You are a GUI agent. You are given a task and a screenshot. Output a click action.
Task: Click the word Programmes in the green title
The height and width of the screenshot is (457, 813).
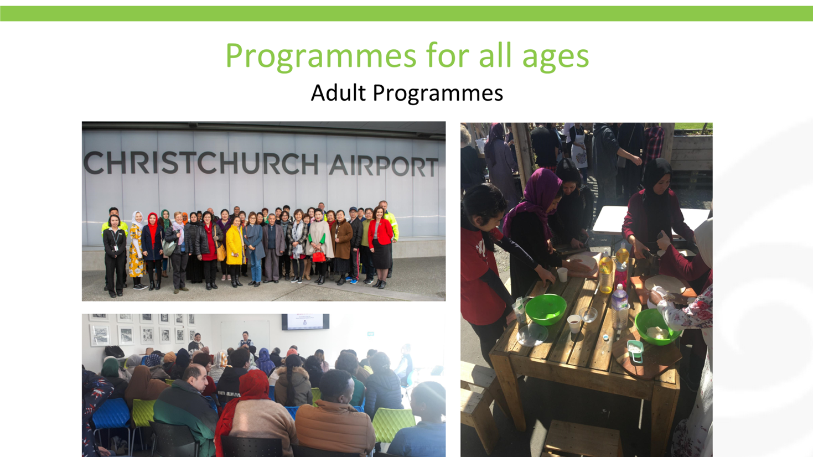tap(321, 56)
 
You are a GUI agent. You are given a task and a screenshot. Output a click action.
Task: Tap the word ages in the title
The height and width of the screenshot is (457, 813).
tap(555, 58)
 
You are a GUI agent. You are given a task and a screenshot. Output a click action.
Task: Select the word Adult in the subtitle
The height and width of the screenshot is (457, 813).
tap(338, 93)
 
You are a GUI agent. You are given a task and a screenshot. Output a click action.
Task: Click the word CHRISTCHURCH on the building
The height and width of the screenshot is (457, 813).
tap(201, 163)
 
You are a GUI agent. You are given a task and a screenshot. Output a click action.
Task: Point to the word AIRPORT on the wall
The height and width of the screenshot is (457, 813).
tap(384, 166)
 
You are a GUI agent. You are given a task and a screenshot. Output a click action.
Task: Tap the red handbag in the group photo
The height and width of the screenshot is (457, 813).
tap(319, 256)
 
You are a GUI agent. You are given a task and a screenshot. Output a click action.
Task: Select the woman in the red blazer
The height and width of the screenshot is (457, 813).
tap(380, 247)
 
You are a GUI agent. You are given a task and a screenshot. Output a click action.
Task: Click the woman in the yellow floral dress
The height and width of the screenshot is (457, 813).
tap(137, 250)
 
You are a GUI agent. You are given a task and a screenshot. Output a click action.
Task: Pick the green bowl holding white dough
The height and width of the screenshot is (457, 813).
tap(657, 326)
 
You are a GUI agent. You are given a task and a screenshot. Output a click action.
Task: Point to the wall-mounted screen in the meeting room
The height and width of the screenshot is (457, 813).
tap(305, 321)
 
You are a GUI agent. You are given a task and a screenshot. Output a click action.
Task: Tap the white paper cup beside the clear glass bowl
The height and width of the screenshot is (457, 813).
tap(574, 324)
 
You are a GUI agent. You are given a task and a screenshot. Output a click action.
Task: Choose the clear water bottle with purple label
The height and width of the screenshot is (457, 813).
tap(619, 307)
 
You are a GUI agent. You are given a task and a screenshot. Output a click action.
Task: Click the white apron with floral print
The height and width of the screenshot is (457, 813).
tap(578, 150)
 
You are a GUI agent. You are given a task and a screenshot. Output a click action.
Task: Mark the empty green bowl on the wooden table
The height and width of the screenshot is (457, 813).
tap(546, 309)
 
